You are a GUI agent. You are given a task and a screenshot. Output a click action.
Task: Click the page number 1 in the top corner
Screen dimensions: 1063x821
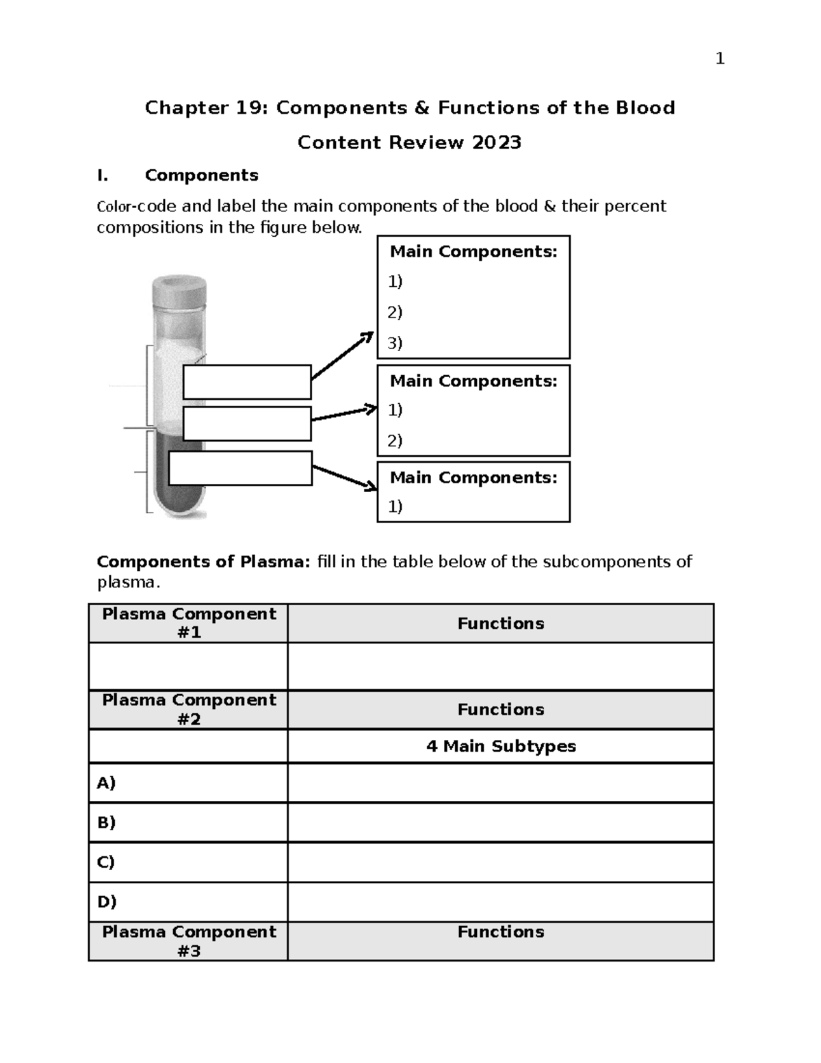pyautogui.click(x=719, y=60)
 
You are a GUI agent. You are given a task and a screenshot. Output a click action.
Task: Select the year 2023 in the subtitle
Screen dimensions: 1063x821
pyautogui.click(x=496, y=142)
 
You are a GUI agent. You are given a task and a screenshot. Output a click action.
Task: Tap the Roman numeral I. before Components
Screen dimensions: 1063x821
pyautogui.click(x=103, y=175)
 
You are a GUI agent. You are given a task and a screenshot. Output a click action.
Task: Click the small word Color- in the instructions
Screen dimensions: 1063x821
pyautogui.click(x=116, y=207)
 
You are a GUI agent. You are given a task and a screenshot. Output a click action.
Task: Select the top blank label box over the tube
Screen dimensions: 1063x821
pyautogui.click(x=247, y=382)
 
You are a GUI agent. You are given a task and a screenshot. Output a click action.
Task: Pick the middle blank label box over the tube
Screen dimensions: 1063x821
pyautogui.click(x=247, y=424)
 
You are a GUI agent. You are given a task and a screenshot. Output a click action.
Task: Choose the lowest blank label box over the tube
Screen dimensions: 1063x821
pyautogui.click(x=240, y=468)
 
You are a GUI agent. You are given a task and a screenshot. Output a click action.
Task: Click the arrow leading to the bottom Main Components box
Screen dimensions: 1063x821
pyautogui.click(x=344, y=477)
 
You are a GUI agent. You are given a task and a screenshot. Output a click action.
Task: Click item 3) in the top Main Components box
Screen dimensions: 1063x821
pyautogui.click(x=395, y=343)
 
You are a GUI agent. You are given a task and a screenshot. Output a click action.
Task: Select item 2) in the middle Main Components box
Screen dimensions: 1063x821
pyautogui.click(x=395, y=440)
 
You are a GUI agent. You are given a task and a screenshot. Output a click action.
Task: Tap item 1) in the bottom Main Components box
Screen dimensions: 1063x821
pyautogui.click(x=395, y=506)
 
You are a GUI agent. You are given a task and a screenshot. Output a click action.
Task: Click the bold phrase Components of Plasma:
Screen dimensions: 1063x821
pyautogui.click(x=203, y=562)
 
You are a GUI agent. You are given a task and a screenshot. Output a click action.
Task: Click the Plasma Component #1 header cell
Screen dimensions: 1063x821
pyautogui.click(x=189, y=623)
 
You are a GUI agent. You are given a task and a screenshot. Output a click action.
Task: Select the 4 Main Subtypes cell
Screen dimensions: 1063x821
pyautogui.click(x=501, y=746)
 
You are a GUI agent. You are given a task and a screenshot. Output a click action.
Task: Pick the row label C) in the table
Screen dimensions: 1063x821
pyautogui.click(x=106, y=862)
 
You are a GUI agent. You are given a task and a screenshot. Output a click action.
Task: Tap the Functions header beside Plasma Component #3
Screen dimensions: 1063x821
pyautogui.click(x=501, y=932)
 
